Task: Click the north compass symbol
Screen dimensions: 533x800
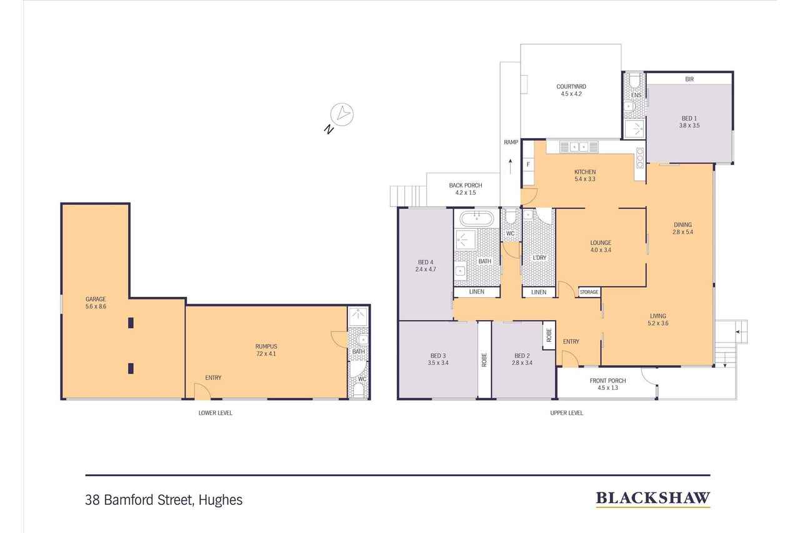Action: tap(342, 114)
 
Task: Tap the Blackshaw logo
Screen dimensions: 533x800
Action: tap(652, 498)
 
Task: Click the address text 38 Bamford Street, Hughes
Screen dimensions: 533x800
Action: tap(164, 500)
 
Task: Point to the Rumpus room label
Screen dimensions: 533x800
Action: tap(266, 346)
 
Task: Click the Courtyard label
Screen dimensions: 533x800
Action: tap(571, 87)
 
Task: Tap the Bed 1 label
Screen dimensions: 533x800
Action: tap(689, 118)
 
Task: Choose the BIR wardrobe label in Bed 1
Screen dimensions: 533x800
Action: tap(689, 79)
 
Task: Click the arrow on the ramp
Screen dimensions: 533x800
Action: tap(511, 167)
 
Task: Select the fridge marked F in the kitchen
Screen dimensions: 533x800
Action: tap(528, 164)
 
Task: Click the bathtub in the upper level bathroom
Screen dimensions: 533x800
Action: tap(477, 219)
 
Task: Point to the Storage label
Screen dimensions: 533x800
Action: tap(589, 292)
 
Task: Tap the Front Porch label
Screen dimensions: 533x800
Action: tap(607, 381)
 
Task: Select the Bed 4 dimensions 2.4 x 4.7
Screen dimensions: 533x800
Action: tap(425, 270)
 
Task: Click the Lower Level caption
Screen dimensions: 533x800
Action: tap(215, 412)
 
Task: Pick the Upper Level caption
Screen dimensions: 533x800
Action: tap(566, 412)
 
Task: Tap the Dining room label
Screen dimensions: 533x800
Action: tap(682, 225)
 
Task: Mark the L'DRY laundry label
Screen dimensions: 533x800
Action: tap(539, 257)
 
